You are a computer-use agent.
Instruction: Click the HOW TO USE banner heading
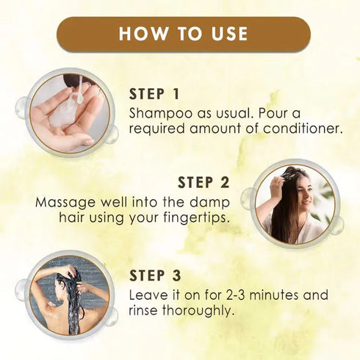[x=183, y=34]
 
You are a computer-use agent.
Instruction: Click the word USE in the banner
[x=226, y=34]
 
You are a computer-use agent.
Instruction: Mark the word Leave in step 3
[x=148, y=295]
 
